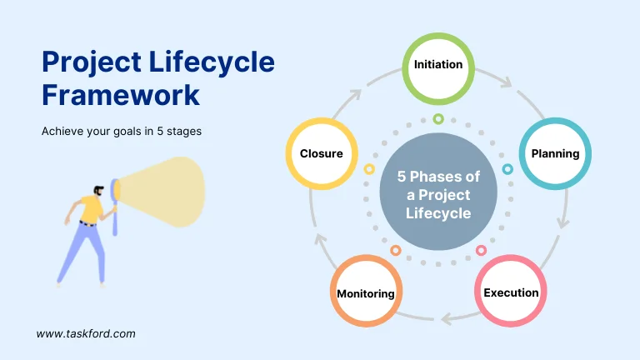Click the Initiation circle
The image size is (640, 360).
click(438, 65)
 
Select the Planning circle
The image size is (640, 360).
click(555, 154)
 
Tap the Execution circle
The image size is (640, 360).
click(511, 292)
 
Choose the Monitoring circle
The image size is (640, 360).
click(366, 293)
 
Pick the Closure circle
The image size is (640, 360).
click(322, 154)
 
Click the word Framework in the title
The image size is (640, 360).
click(121, 94)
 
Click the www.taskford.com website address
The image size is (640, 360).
click(86, 333)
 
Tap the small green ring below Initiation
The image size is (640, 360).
click(438, 119)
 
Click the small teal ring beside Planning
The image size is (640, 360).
click(507, 169)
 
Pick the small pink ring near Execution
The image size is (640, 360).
click(481, 250)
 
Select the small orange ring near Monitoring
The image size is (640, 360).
click(396, 250)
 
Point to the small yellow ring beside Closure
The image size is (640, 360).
click(369, 169)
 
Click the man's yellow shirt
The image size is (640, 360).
click(90, 207)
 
